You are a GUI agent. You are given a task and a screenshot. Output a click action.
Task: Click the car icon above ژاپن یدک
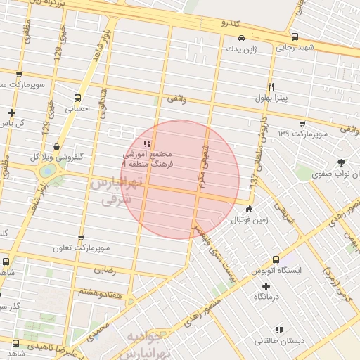(241, 38)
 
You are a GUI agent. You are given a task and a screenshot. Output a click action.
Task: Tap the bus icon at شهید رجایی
(294, 37)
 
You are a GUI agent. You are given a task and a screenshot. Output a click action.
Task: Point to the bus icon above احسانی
(77, 98)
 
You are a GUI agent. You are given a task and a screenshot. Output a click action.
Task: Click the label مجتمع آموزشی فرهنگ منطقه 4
(153, 158)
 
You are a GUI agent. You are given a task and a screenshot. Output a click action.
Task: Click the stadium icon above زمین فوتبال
(248, 209)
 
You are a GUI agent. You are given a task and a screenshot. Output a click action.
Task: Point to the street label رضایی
(105, 269)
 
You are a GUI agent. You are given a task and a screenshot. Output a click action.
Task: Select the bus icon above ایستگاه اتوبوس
(276, 259)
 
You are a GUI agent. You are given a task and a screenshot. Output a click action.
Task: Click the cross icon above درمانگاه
(266, 286)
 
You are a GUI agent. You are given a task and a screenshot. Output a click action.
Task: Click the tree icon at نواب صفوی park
(342, 162)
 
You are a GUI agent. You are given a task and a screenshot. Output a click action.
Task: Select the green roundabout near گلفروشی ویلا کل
(48, 171)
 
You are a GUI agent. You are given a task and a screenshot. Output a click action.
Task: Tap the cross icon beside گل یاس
(11, 112)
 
